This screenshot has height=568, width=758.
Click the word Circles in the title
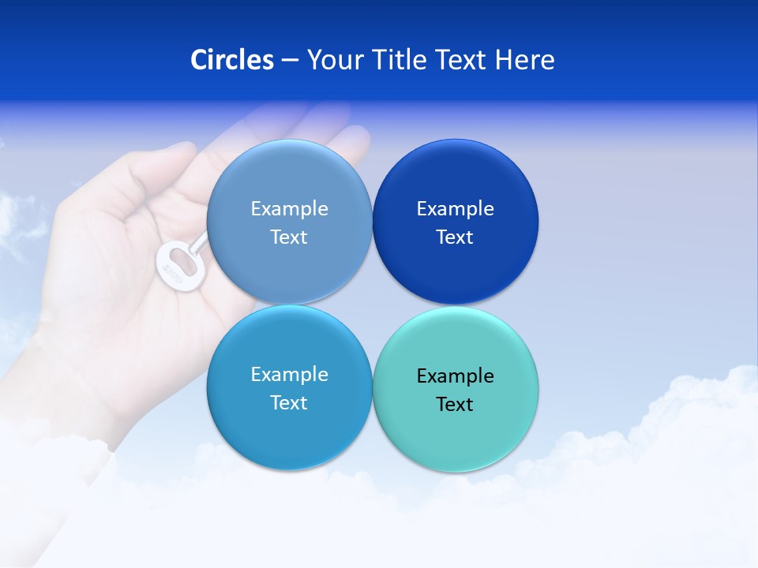point(232,60)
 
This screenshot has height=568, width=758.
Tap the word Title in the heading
point(406,60)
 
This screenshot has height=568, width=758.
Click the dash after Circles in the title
point(290,61)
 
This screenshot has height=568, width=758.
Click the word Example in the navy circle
point(455,209)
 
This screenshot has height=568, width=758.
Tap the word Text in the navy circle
point(455,237)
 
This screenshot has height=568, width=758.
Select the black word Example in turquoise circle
point(455,376)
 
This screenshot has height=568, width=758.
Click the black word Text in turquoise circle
point(455,405)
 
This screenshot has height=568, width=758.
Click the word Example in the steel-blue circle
point(289,209)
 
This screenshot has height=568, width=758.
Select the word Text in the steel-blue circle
point(289,237)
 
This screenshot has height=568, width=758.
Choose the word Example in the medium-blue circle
point(289,375)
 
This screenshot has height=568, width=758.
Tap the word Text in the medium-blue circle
point(289,403)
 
